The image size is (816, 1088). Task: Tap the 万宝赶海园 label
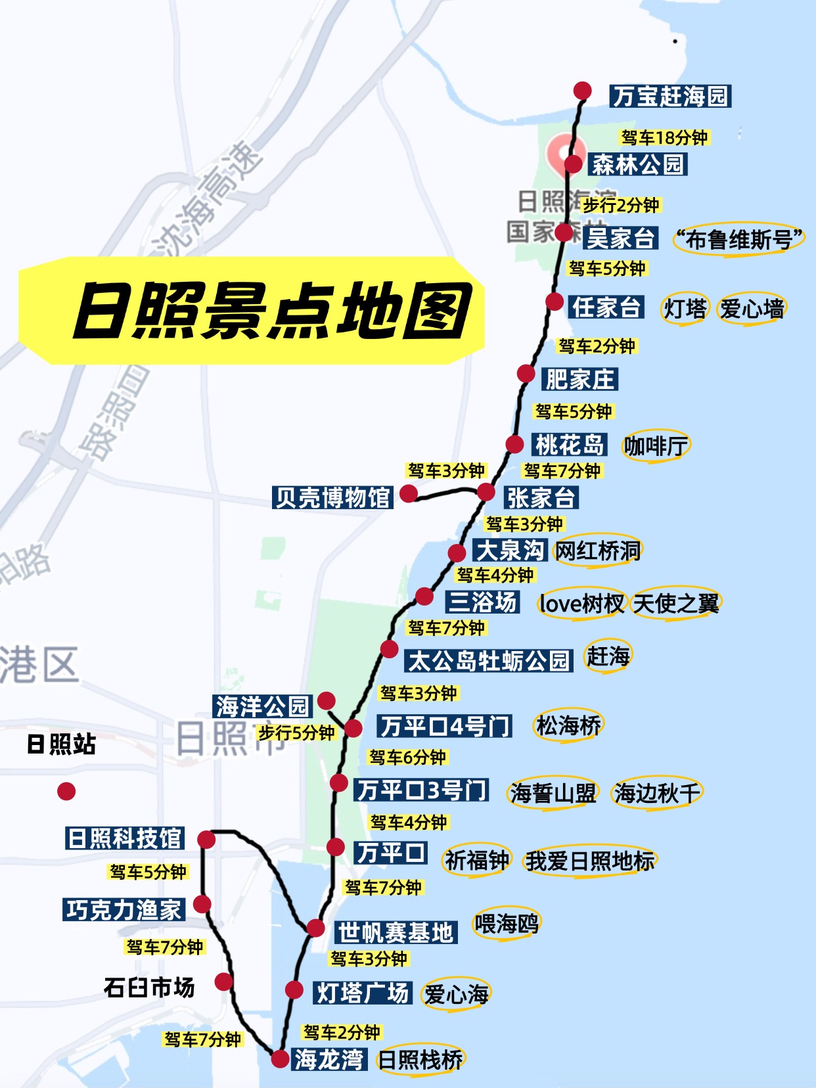click(670, 97)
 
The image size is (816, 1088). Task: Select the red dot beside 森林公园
click(573, 164)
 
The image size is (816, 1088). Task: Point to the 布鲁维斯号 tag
click(739, 240)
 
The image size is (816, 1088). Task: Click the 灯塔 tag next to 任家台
click(685, 308)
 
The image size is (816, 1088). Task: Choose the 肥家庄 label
click(580, 379)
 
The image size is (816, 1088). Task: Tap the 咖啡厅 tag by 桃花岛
click(656, 446)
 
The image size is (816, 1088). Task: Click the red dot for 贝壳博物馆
click(409, 493)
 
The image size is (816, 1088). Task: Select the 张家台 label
click(541, 498)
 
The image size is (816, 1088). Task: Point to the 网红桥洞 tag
click(597, 551)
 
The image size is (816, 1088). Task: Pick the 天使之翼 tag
click(676, 603)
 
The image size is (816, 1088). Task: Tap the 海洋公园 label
click(262, 706)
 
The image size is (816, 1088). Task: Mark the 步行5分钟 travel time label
click(296, 733)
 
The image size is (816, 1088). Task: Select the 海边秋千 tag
click(656, 793)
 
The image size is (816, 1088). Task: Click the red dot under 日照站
click(66, 791)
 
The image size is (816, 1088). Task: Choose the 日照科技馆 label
click(125, 838)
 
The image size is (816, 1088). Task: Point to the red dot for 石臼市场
click(224, 982)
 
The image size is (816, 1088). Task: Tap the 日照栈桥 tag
click(421, 1060)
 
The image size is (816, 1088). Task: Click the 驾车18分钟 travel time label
click(664, 137)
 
